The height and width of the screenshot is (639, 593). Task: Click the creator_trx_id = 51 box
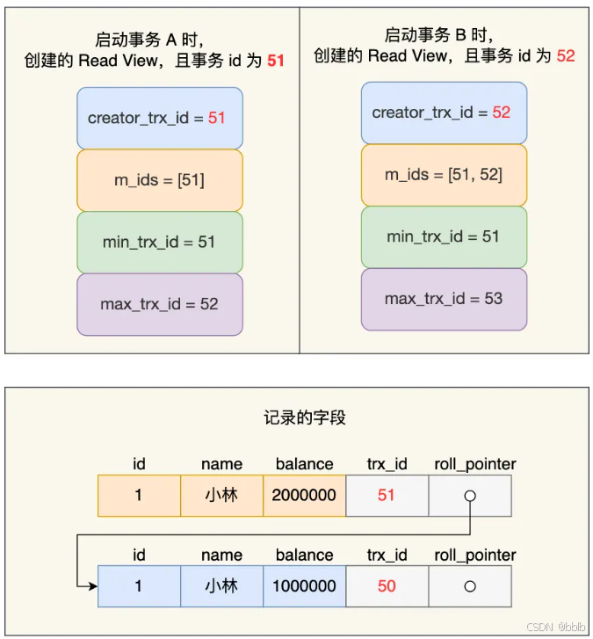(x=159, y=118)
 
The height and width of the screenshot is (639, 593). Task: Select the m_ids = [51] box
(x=159, y=180)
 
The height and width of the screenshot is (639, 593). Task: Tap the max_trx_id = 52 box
(x=159, y=304)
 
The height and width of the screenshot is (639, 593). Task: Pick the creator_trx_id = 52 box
(x=444, y=113)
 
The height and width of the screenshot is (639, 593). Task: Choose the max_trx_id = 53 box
(x=444, y=299)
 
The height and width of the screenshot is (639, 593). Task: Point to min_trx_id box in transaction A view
(x=159, y=242)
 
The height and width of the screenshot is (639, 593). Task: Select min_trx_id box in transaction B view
(x=444, y=236)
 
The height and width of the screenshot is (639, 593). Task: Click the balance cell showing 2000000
(x=304, y=495)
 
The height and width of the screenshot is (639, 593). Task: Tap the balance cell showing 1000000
(x=304, y=585)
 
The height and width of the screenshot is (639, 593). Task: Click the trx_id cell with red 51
(x=387, y=495)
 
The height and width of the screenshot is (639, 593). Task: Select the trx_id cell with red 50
(x=387, y=585)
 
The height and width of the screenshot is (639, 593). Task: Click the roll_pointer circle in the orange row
(x=470, y=496)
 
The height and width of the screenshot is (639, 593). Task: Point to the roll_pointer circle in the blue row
(x=470, y=586)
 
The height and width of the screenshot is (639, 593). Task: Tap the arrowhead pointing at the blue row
(x=91, y=585)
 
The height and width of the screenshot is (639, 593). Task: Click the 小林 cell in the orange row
(x=221, y=495)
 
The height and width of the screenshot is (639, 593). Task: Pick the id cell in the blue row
(x=139, y=585)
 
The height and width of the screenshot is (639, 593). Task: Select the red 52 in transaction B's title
(x=566, y=55)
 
